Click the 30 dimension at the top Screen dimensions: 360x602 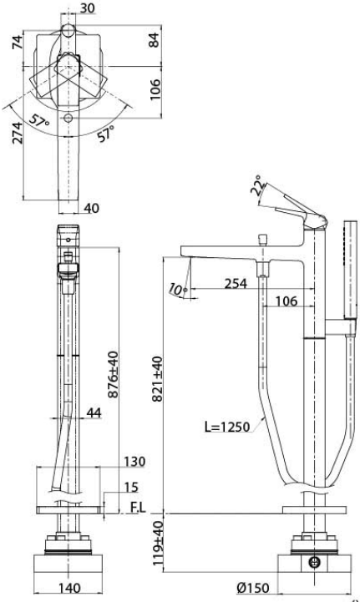[88, 8]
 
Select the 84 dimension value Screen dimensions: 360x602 [154, 40]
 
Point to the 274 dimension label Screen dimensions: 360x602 [18, 133]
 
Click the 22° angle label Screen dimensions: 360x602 [258, 186]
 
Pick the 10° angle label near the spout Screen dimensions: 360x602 [177, 290]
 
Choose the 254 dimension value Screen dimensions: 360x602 [236, 283]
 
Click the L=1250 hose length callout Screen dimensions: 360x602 [227, 427]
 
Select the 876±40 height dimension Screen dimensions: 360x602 [114, 374]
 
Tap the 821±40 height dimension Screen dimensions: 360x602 [158, 379]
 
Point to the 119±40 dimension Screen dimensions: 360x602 [158, 543]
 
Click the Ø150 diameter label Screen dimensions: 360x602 [253, 588]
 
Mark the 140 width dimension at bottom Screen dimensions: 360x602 [70, 588]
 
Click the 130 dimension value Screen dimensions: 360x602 [134, 462]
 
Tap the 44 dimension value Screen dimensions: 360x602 [94, 412]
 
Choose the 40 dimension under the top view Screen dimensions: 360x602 [91, 208]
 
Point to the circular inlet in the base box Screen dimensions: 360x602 [314, 563]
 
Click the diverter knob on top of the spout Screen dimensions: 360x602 [263, 240]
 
